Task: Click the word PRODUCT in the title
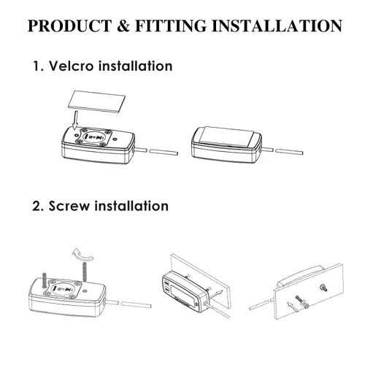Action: (x=70, y=26)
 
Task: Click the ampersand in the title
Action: (x=124, y=26)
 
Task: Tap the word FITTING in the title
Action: (x=171, y=26)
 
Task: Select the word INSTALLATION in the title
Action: (x=277, y=26)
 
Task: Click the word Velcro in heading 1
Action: (x=72, y=66)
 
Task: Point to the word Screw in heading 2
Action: (x=69, y=206)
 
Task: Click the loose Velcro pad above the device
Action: (x=97, y=101)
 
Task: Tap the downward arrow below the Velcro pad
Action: (x=75, y=120)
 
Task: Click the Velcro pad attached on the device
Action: (x=227, y=137)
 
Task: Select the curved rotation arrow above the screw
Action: (x=82, y=255)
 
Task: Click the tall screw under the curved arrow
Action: (x=85, y=272)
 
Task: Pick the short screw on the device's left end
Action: (x=44, y=280)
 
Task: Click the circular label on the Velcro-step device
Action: (x=94, y=137)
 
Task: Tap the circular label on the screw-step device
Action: (x=64, y=288)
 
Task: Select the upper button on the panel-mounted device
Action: (x=166, y=284)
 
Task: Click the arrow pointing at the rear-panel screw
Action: (x=293, y=307)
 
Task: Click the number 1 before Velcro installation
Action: (x=36, y=66)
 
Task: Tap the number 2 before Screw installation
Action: (x=36, y=206)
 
